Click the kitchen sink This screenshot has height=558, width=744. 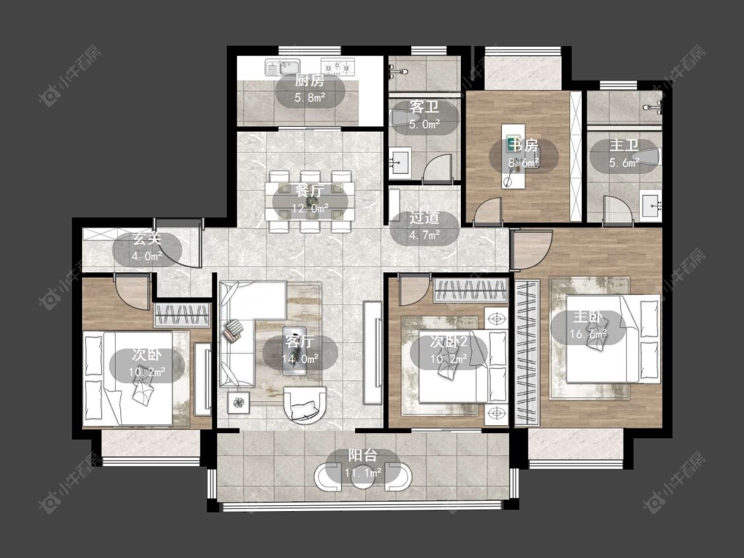click(283, 67)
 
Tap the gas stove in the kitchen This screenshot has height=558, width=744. click(338, 67)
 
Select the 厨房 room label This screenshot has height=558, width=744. click(310, 81)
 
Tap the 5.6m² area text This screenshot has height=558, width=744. click(624, 163)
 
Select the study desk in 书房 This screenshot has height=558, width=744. click(514, 156)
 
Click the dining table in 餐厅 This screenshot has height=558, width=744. click(310, 201)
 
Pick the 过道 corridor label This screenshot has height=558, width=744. click(424, 218)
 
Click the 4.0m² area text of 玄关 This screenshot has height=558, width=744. click(147, 257)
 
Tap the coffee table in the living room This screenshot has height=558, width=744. click(295, 350)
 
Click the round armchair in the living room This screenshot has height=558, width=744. click(305, 404)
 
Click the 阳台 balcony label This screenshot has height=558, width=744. click(363, 456)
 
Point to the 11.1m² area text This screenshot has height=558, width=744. click(364, 473)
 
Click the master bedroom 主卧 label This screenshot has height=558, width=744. click(589, 317)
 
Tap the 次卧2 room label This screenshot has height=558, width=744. click(449, 341)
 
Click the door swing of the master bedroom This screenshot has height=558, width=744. click(532, 249)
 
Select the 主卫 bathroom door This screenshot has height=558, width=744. click(618, 210)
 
